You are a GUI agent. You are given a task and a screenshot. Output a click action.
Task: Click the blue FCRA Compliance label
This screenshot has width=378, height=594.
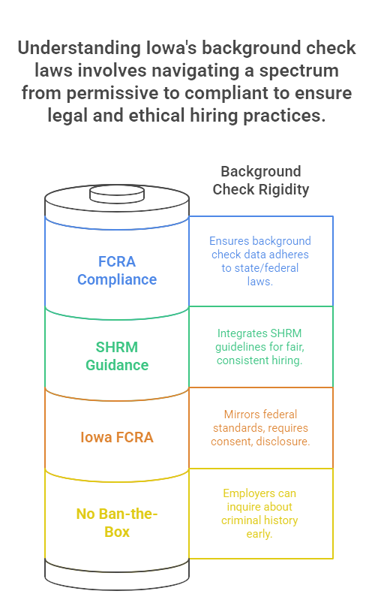117,270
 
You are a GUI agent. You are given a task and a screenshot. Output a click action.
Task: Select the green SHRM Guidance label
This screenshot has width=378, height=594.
117,356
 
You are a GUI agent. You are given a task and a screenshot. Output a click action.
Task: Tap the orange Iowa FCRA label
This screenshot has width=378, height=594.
117,437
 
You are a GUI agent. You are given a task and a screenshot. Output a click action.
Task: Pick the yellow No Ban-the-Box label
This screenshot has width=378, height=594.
117,523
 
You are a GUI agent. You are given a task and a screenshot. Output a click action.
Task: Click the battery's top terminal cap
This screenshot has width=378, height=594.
117,194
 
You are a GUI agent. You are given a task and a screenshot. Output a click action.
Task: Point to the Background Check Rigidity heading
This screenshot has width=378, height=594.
261,180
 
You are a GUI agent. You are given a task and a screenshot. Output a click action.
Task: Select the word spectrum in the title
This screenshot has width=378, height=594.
298,71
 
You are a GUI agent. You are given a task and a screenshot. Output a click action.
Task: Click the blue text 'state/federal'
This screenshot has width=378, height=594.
260,268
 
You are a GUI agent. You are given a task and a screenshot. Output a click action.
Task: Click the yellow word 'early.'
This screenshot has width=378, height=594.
259,534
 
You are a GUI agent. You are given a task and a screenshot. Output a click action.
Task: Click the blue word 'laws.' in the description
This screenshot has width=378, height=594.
260,282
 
